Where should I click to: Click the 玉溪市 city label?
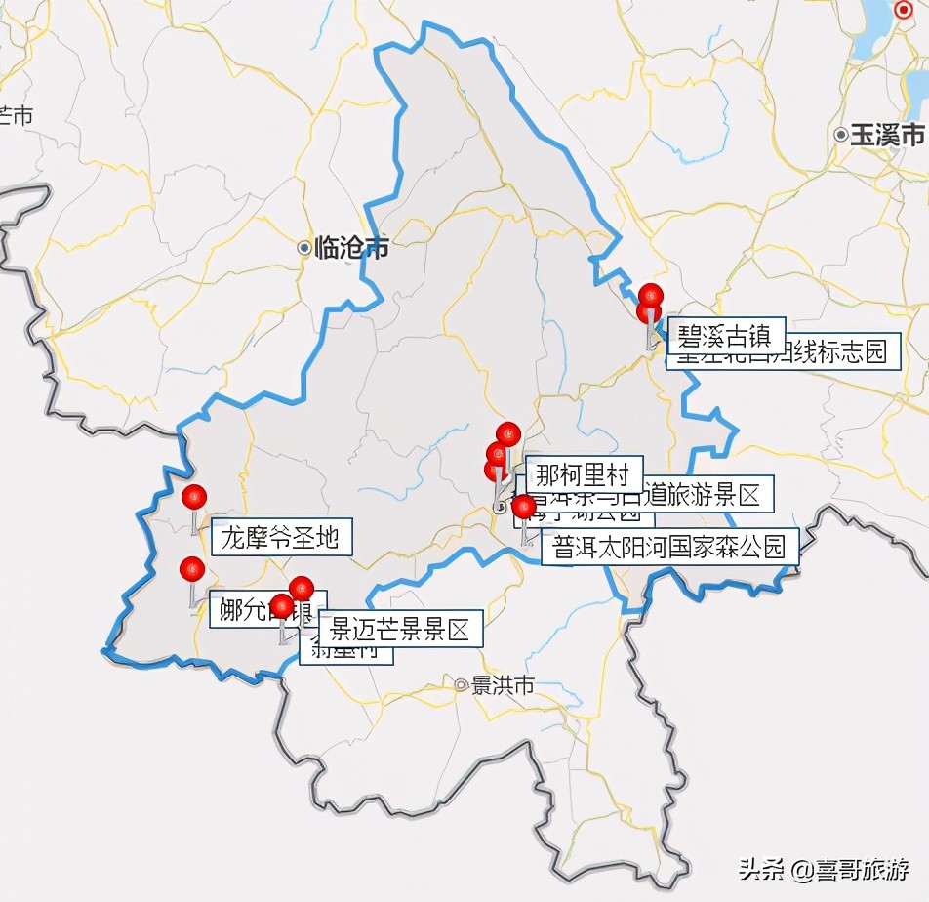886,135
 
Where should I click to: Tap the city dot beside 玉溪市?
840,135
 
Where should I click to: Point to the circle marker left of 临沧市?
304,248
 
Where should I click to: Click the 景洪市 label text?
504,685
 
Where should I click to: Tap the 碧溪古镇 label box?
726,338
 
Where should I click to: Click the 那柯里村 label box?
584,475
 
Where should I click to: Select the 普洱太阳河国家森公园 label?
669,546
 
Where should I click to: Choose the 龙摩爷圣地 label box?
280,537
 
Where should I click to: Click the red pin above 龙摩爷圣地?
194,497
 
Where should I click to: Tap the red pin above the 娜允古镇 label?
191,568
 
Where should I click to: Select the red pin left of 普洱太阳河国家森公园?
524,507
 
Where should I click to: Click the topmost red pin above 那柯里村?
508,433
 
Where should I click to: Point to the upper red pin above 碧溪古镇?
651,295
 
